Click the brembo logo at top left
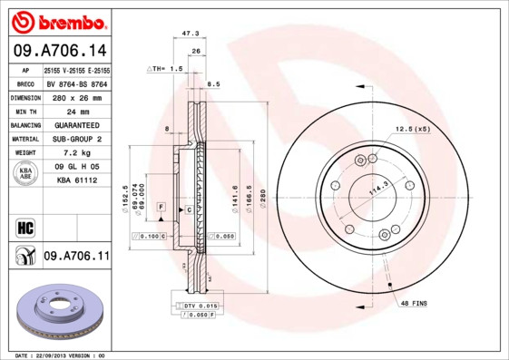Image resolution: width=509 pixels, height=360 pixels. tap(59, 21)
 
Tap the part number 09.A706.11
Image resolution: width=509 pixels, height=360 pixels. tap(76, 257)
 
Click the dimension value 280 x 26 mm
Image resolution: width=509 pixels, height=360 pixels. tap(75, 97)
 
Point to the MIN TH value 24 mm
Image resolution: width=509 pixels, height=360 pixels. tap(75, 112)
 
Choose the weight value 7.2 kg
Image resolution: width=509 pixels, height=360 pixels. tap(75, 154)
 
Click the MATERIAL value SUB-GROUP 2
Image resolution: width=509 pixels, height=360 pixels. tap(75, 140)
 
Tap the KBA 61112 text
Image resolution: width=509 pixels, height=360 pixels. tap(75, 182)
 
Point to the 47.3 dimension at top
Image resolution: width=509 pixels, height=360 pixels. tap(191, 34)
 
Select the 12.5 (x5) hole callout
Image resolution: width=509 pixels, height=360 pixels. tap(411, 130)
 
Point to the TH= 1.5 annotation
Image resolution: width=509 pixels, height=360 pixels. tap(166, 69)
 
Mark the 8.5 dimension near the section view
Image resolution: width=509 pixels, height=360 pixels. tap(214, 84)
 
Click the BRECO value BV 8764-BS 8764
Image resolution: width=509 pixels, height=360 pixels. tap(76, 83)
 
